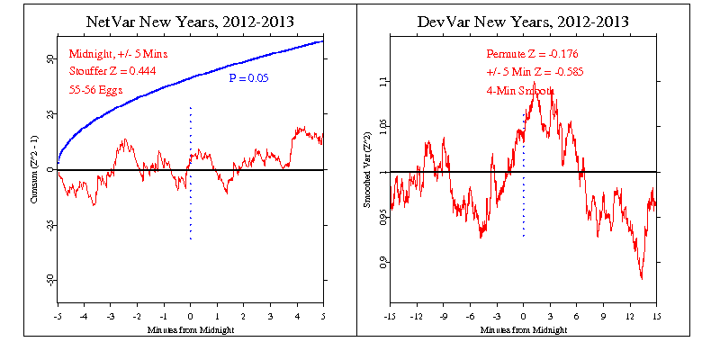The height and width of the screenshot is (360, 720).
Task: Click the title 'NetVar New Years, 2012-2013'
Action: click(191, 21)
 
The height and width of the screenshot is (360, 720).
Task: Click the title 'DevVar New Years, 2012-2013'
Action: click(523, 21)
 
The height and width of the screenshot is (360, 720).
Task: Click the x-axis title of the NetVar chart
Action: click(190, 329)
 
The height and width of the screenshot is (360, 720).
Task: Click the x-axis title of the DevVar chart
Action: click(523, 329)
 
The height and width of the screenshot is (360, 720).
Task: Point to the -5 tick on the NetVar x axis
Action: click(58, 317)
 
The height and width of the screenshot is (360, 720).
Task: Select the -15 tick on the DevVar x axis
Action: click(390, 317)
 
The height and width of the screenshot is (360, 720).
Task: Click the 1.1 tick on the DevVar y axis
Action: click(378, 81)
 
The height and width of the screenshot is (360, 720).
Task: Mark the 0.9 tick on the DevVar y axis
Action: click(378, 263)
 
